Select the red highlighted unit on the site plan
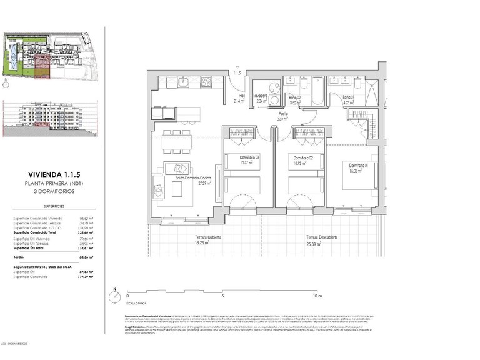click(x=42, y=66)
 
